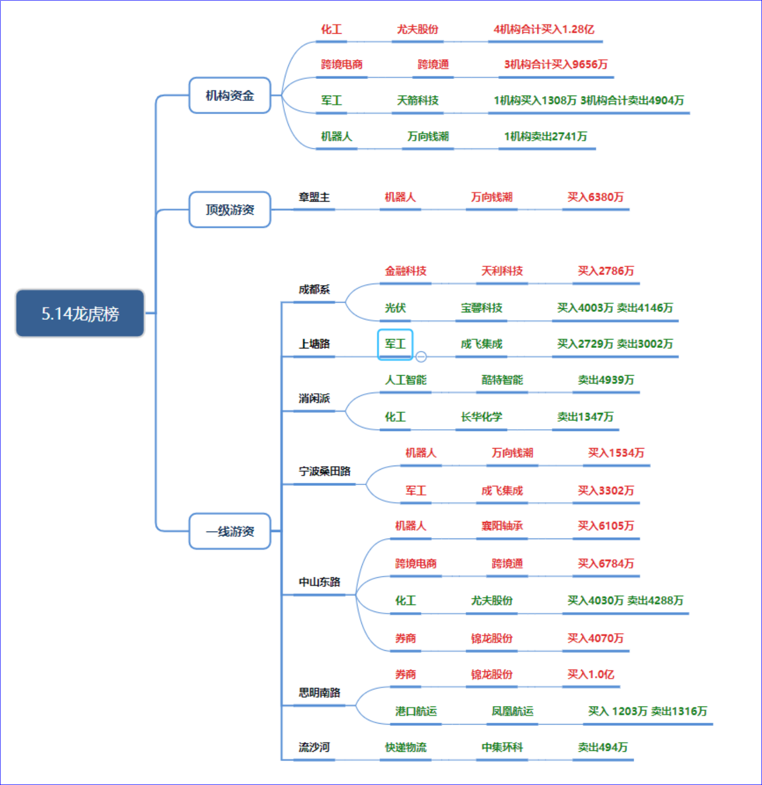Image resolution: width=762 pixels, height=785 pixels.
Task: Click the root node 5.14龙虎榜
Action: pos(80,313)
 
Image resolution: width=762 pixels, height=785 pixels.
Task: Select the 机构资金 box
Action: pos(230,96)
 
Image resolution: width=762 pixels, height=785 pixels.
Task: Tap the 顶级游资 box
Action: pos(230,210)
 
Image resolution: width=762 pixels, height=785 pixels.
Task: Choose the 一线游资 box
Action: pos(230,531)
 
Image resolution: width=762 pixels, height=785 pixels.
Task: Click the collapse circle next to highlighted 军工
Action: pos(421,357)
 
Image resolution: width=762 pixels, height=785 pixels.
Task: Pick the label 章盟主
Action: pos(314,197)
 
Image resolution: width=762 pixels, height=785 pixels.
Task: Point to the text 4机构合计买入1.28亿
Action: pos(544,29)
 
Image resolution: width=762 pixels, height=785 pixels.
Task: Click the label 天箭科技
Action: pos(418,101)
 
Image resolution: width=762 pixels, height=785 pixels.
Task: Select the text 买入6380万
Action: pos(595,197)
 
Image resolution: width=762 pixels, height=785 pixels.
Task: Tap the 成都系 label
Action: pos(314,289)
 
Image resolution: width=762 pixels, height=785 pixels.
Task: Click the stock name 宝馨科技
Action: pos(482,308)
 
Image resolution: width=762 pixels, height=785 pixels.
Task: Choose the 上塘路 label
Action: pos(314,344)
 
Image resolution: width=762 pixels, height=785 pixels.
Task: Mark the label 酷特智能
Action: pos(502,380)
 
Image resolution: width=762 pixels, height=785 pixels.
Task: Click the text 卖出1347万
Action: pos(585,417)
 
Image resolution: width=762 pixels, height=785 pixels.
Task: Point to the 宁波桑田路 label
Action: pos(325,471)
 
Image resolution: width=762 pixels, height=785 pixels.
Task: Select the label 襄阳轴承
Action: pos(502,526)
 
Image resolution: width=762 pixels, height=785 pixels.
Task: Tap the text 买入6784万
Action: pos(606,563)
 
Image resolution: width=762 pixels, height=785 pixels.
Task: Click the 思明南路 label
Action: pos(320,692)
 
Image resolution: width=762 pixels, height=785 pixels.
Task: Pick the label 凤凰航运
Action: pos(512,711)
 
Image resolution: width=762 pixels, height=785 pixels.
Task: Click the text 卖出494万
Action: pos(603,747)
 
